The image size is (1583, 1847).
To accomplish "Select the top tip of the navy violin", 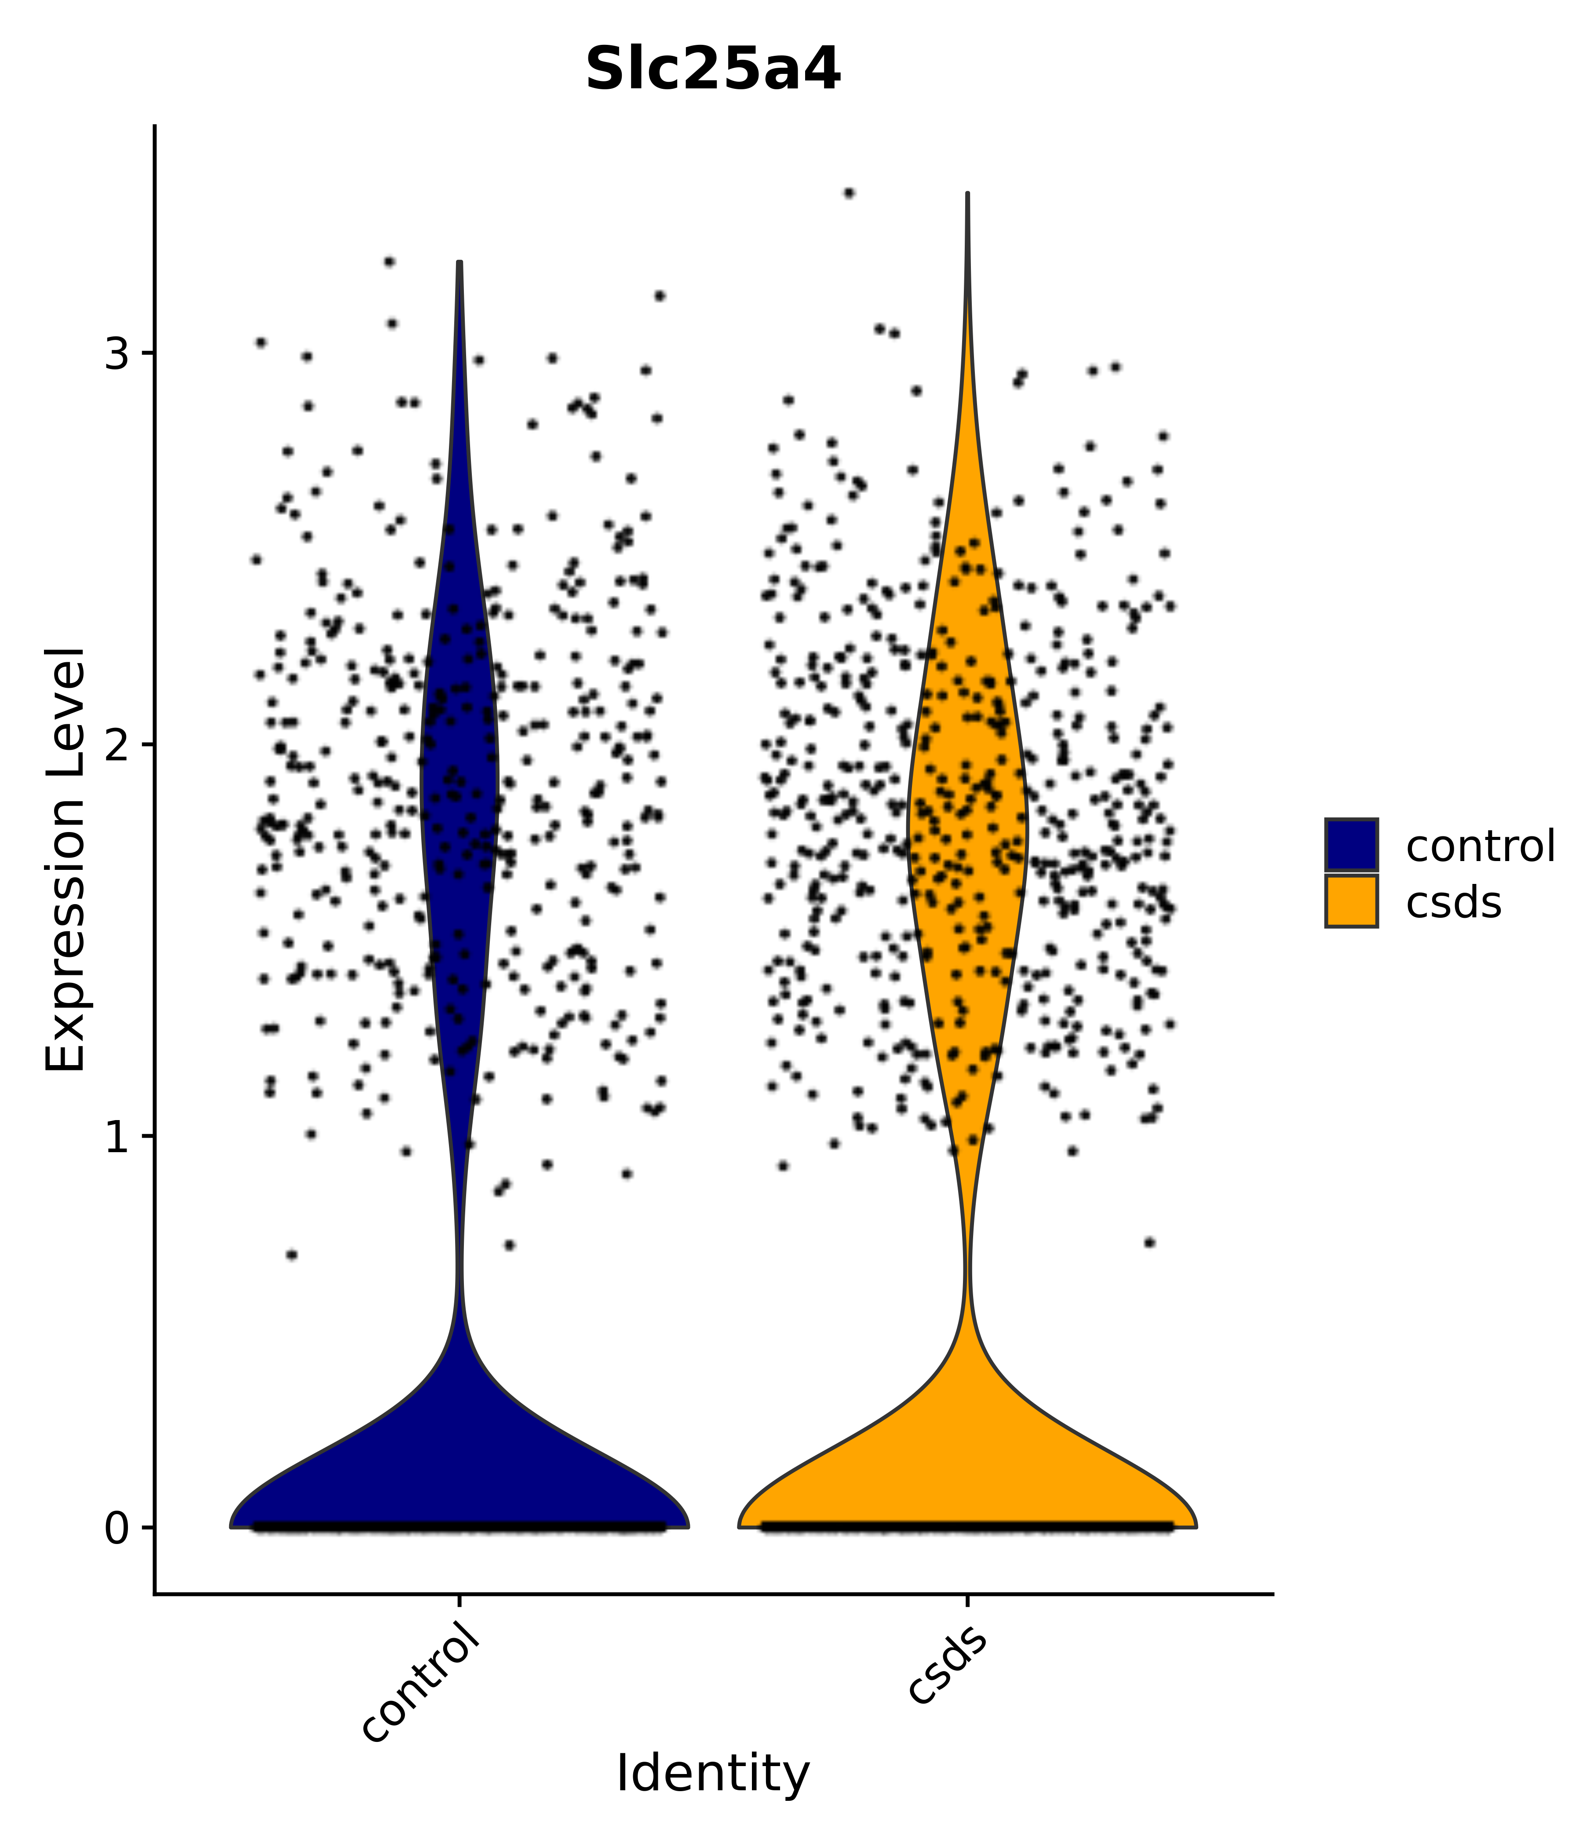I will coord(459,264).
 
